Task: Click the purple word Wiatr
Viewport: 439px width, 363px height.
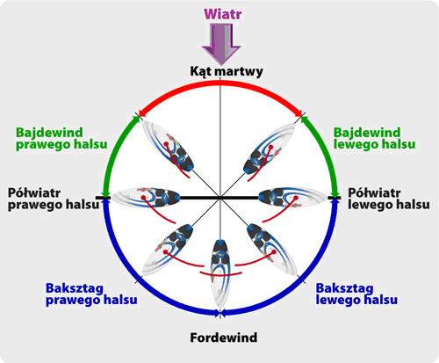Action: pos(223,14)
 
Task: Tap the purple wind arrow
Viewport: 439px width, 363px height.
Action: pos(221,44)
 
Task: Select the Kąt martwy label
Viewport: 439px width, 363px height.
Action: pos(227,71)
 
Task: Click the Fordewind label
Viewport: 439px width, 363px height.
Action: pos(224,338)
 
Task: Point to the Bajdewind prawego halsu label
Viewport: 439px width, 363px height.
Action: pos(61,138)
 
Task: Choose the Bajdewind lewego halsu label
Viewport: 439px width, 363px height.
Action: pos(374,138)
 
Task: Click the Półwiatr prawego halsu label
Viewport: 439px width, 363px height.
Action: pos(54,199)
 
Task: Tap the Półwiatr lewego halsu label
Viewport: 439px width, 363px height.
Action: pos(389,199)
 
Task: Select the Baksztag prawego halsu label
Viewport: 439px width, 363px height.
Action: pos(91,294)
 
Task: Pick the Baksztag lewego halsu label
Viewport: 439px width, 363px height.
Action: pos(356,294)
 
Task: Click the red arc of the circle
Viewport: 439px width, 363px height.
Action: pos(220,83)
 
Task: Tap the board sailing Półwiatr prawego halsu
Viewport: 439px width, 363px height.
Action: pos(146,196)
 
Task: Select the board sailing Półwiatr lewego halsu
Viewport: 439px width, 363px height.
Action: pos(292,196)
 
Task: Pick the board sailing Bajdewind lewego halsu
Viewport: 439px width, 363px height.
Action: pos(270,149)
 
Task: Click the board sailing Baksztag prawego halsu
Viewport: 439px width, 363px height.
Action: pos(168,250)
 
